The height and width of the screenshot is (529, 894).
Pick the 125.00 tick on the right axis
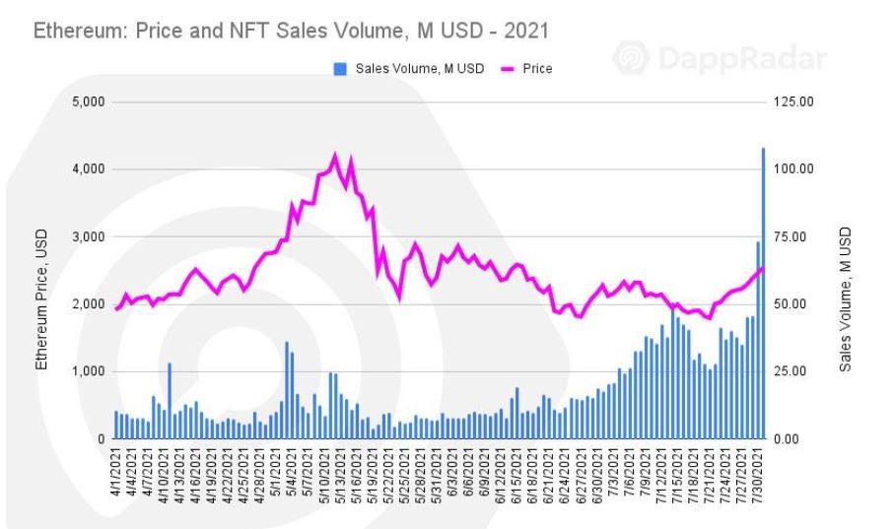792,101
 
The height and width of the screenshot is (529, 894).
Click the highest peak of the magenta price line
335,156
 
